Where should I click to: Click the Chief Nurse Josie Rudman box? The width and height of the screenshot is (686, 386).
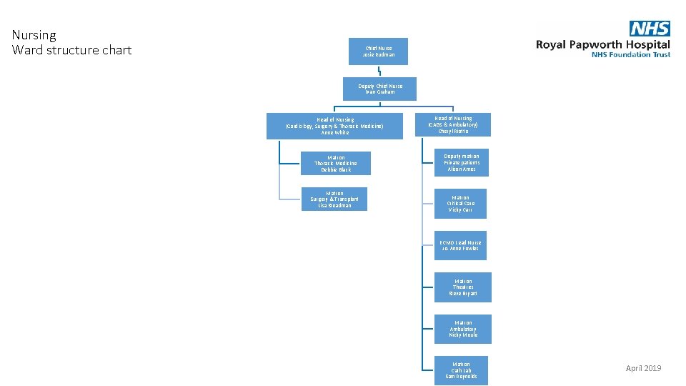tap(378, 51)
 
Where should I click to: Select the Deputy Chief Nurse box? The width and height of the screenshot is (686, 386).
tap(379, 89)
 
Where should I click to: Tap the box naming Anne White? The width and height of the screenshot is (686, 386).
tap(334, 126)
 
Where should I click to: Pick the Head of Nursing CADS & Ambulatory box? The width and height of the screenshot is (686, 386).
tap(454, 124)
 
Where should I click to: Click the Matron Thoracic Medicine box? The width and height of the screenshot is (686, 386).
tap(335, 163)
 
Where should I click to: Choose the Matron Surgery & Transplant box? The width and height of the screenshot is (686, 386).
tap(334, 199)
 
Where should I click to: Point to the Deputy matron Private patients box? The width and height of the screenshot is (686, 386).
tap(461, 162)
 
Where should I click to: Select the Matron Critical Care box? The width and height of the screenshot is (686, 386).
tap(461, 204)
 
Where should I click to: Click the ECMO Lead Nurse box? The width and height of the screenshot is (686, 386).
tap(461, 245)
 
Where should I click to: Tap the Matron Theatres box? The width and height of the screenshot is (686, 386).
tap(463, 287)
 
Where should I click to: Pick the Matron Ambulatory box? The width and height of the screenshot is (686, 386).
tap(463, 329)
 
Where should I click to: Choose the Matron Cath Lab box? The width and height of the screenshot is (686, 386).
tap(461, 370)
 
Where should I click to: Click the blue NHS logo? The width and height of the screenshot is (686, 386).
tap(650, 29)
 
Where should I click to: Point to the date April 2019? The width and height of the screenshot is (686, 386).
tap(643, 368)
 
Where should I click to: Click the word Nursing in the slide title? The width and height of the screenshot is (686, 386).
tap(34, 35)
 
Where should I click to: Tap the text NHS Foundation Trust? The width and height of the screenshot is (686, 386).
tap(630, 55)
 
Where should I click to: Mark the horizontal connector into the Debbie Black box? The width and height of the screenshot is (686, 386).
tap(289, 162)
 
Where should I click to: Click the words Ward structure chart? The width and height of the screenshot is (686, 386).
tap(72, 50)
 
